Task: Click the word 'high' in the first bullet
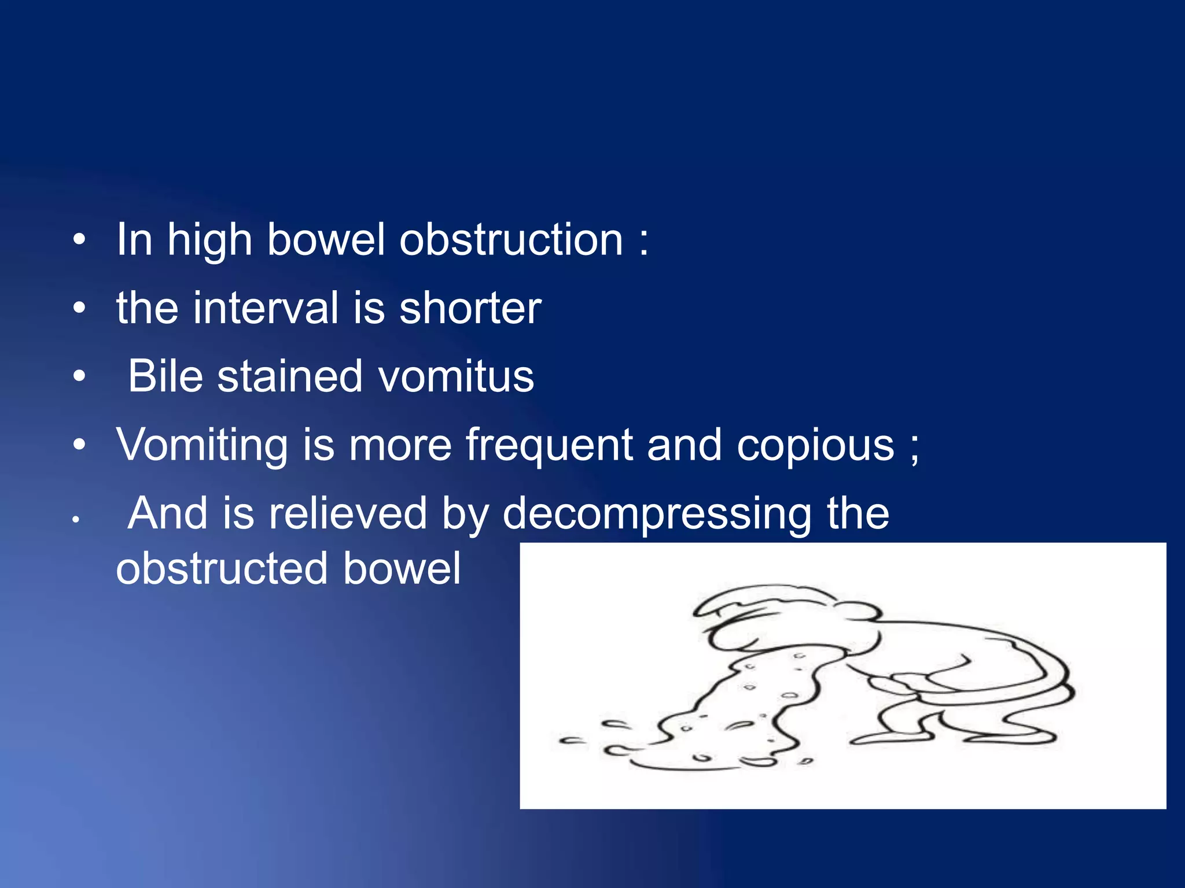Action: [x=209, y=240]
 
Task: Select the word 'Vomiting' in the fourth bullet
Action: [x=202, y=445]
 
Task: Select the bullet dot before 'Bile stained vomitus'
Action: [x=79, y=377]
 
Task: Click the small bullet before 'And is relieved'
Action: [x=75, y=520]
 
